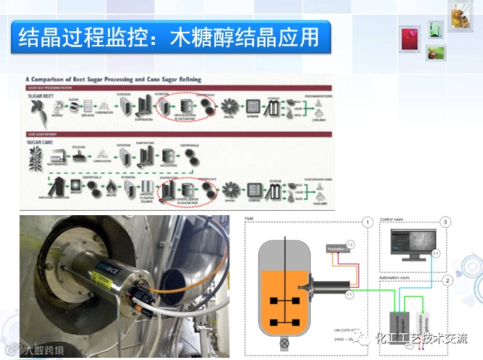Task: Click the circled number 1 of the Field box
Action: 368,221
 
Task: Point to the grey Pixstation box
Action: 337,248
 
